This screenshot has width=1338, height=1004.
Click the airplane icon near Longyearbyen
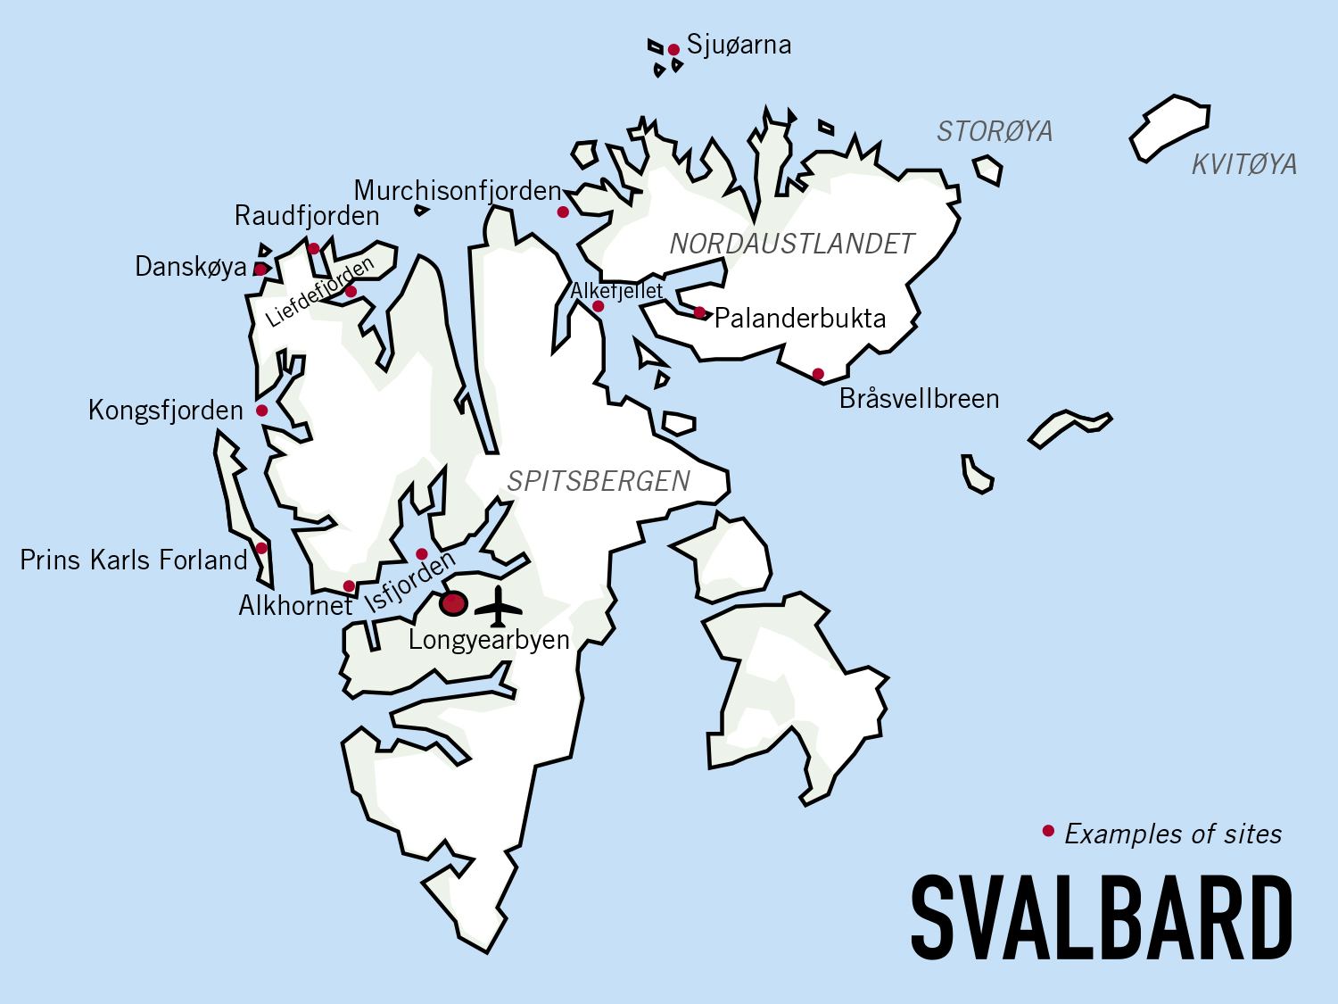(x=498, y=607)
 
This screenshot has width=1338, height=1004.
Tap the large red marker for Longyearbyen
(x=454, y=603)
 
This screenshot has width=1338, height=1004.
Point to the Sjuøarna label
(x=739, y=46)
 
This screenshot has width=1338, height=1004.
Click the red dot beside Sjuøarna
(x=673, y=50)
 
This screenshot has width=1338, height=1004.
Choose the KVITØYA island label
(x=1244, y=164)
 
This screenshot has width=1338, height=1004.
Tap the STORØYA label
(x=995, y=132)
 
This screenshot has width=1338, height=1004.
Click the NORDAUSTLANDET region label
(x=792, y=243)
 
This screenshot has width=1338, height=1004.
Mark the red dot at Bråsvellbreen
(x=818, y=373)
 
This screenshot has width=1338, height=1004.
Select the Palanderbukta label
(x=800, y=319)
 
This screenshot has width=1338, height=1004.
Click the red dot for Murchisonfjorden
(x=563, y=212)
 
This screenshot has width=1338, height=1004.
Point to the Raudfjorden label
(x=307, y=216)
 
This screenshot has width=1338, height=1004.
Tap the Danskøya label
(x=191, y=267)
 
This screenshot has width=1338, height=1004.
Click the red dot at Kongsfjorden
(x=261, y=411)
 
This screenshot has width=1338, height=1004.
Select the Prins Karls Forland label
(x=133, y=560)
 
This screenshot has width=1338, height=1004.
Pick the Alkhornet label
(x=295, y=606)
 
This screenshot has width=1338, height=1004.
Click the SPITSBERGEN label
(x=599, y=482)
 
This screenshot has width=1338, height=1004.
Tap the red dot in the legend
(x=1048, y=832)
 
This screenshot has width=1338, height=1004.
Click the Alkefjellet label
(x=616, y=291)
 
